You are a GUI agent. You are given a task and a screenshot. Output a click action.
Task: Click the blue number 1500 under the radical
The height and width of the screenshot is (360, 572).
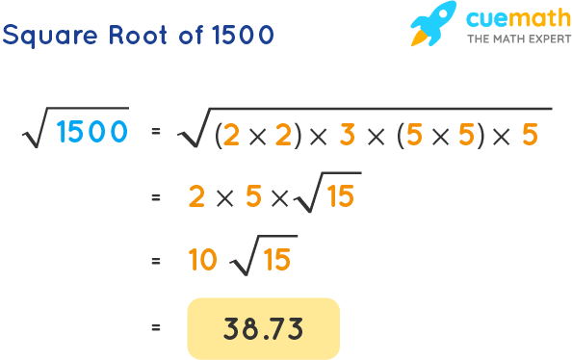coord(91,132)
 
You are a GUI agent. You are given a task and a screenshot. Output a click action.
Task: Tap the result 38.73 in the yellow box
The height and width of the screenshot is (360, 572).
coord(263,329)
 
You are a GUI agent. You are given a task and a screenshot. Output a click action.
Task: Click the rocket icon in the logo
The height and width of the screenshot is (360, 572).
coord(432,24)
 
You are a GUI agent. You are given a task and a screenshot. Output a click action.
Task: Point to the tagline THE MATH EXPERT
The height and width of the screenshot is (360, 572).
coord(508,40)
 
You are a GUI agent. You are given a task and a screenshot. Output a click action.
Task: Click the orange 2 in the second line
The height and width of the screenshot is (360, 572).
coord(197,197)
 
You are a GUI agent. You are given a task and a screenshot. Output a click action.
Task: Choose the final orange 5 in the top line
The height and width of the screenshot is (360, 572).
coord(530,135)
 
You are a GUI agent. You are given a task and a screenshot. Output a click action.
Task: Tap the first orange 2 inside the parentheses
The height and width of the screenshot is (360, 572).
coord(230,136)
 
